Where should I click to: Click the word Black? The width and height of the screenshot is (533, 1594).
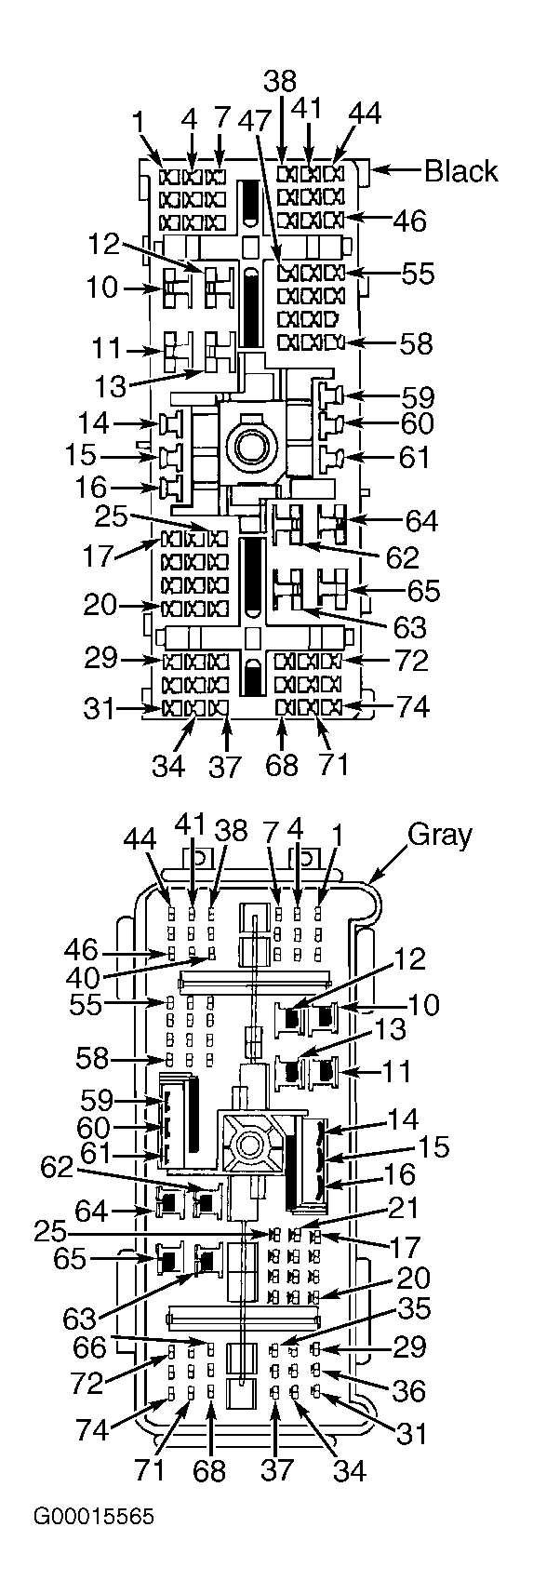(x=461, y=171)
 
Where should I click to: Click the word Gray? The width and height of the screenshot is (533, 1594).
(x=440, y=835)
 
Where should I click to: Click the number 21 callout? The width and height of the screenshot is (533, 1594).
(x=405, y=1208)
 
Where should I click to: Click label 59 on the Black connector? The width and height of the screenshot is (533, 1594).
(x=417, y=397)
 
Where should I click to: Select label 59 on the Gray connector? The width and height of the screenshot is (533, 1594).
(x=97, y=1100)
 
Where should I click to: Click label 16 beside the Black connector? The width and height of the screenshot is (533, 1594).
(x=92, y=488)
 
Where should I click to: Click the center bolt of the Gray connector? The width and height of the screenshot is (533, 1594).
(x=249, y=1145)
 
